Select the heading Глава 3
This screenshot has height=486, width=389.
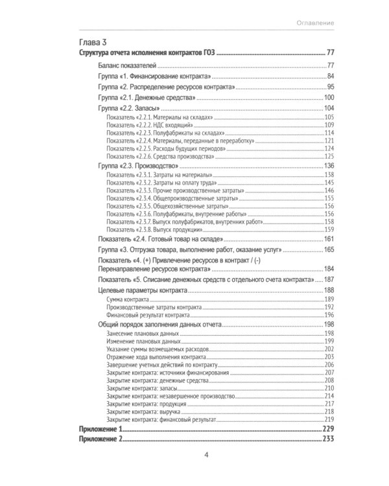(x=93, y=43)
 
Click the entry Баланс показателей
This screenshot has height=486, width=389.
(x=126, y=65)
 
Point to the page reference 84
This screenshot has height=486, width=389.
(x=329, y=76)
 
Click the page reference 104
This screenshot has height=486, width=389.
(x=328, y=108)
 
